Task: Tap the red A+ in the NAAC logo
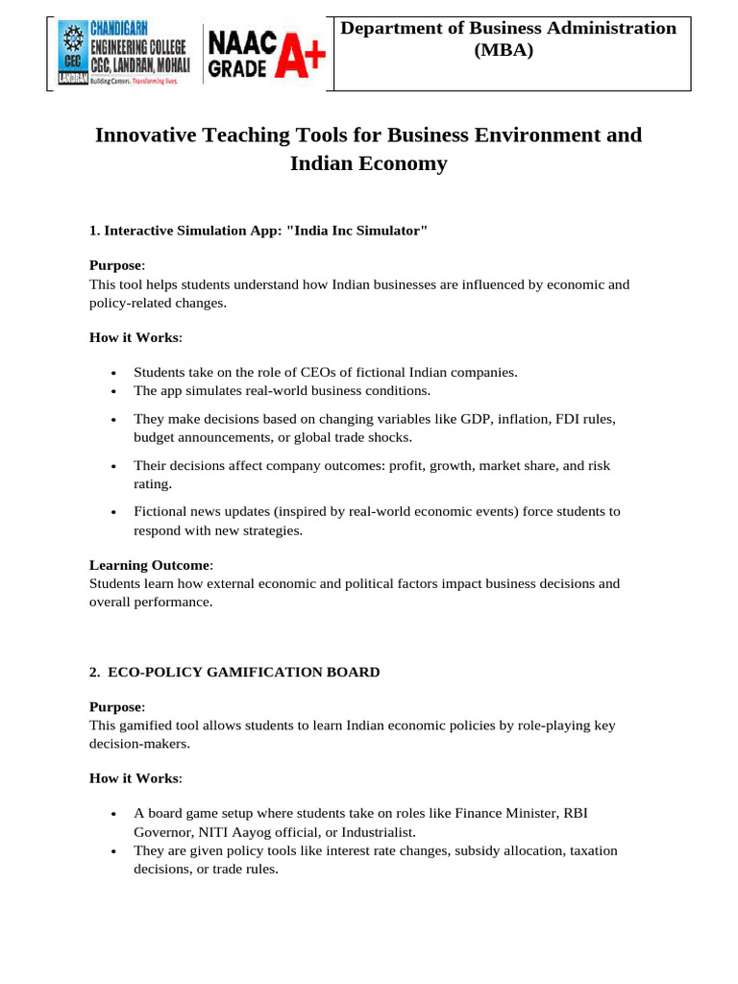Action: tap(301, 56)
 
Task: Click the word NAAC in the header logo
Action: tap(239, 41)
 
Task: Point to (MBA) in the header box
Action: tap(508, 50)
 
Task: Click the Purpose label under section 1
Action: tap(115, 265)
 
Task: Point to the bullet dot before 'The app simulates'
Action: tap(114, 392)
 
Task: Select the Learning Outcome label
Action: tap(149, 565)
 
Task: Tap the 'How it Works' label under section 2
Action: tap(134, 777)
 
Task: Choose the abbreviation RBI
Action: tap(574, 813)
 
